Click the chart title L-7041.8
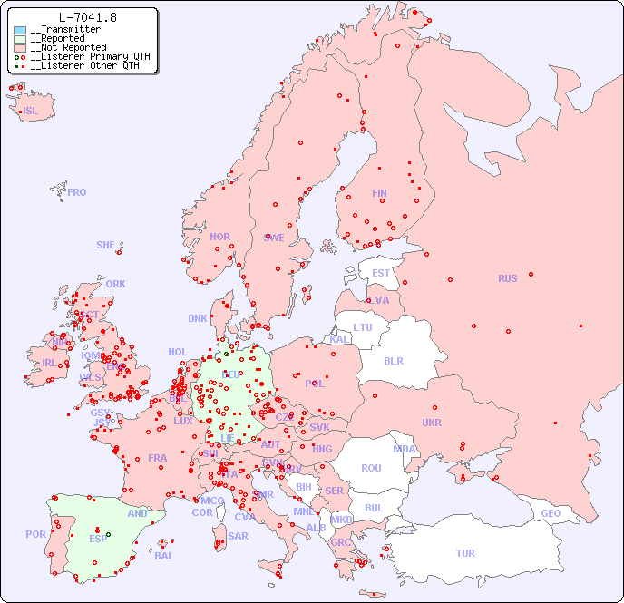point(87,17)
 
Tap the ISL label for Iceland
point(30,112)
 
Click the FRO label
point(77,193)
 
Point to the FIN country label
point(379,193)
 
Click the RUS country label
point(507,278)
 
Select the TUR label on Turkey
point(465,553)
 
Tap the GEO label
point(551,513)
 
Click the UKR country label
point(432,423)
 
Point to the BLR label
point(393,360)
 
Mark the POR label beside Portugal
point(35,534)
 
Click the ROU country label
point(371,468)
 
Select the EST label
point(381,273)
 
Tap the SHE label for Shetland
point(106,245)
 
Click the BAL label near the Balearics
point(163,556)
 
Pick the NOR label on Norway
point(219,238)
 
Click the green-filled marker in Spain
point(108,534)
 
